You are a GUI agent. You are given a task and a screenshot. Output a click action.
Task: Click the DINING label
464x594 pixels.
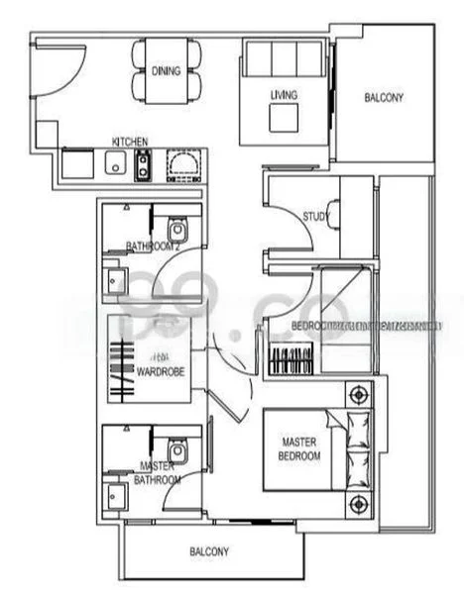tap(166, 70)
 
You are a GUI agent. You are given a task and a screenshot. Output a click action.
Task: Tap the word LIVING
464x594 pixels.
tap(285, 95)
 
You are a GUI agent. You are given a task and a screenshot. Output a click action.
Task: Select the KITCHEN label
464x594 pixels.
tap(130, 142)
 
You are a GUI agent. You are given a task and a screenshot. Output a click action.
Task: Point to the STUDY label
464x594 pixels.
tap(315, 216)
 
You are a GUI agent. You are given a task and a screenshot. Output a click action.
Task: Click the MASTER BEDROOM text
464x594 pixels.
tap(300, 448)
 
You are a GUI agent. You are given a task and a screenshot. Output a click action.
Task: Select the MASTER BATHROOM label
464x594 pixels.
tap(159, 472)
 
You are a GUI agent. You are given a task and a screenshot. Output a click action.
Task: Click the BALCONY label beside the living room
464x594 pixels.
tap(384, 98)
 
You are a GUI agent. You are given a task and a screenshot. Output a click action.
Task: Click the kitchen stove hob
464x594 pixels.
tap(143, 164)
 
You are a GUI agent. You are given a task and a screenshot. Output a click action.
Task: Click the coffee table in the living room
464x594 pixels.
tap(285, 118)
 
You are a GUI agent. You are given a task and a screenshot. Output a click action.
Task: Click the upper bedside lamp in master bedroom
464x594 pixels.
tap(355, 395)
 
